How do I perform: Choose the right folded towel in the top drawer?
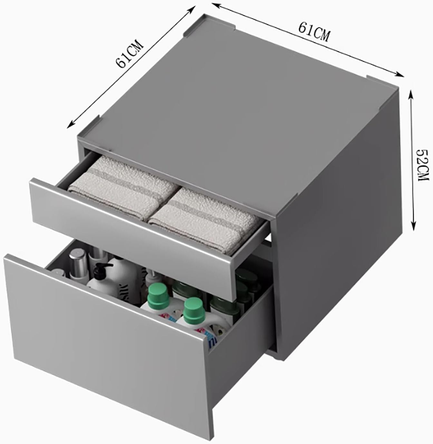206,219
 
